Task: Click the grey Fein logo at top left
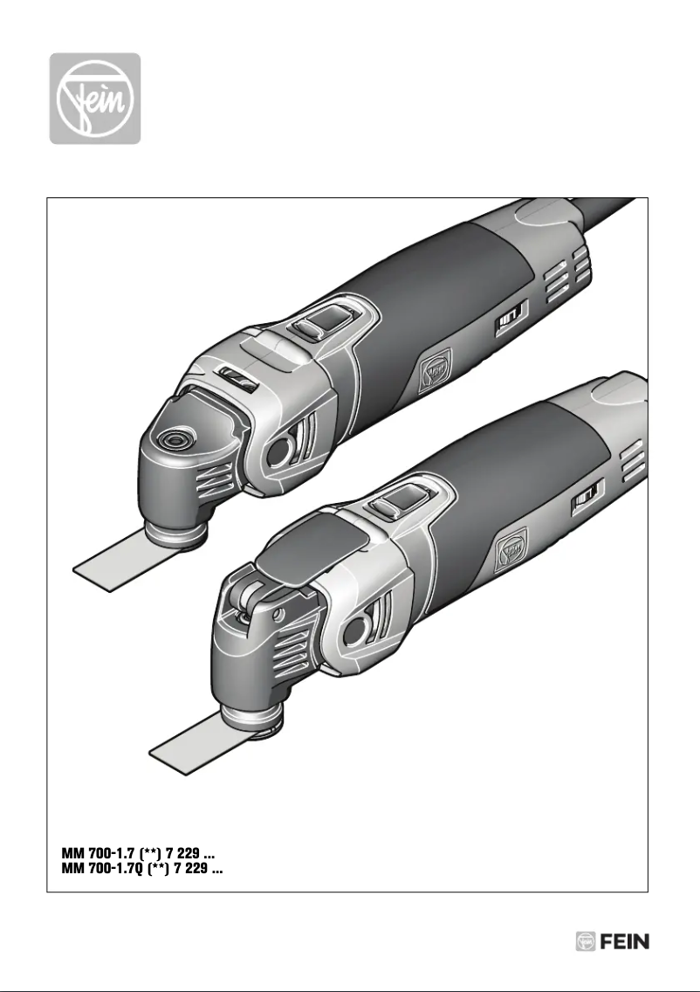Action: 94,98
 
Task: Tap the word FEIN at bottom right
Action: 625,941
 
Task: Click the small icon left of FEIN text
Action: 585,941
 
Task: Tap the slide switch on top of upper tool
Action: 313,327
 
